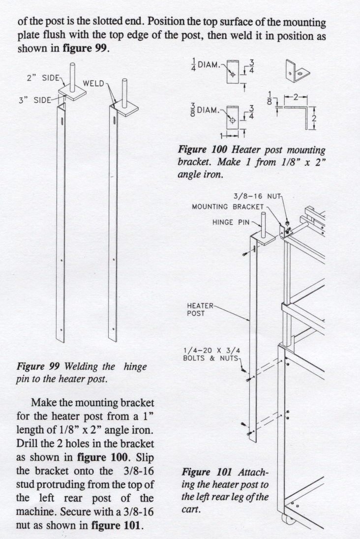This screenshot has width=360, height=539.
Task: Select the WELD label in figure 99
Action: pyautogui.click(x=93, y=83)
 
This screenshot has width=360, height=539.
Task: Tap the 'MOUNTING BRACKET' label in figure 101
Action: pyautogui.click(x=228, y=207)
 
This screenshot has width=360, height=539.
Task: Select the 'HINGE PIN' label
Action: pyautogui.click(x=231, y=222)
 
